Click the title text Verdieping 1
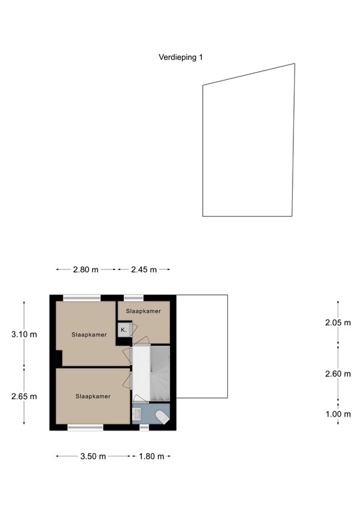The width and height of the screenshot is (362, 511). [x=181, y=58]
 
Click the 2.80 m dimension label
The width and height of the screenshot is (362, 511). [x=86, y=269]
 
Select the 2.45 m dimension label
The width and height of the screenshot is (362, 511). [x=144, y=269]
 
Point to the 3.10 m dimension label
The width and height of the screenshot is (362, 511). [x=24, y=335]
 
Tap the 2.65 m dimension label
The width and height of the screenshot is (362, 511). [x=24, y=397]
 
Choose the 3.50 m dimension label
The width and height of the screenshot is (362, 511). [x=93, y=456]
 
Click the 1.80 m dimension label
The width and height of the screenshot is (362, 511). [x=151, y=456]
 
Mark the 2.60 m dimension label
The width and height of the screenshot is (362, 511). [x=337, y=374]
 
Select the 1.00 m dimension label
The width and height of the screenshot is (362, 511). [x=337, y=414]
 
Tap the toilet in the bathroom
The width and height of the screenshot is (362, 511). [x=161, y=417]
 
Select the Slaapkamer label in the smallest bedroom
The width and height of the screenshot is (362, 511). [x=143, y=311]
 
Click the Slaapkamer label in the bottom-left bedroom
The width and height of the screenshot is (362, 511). [x=93, y=396]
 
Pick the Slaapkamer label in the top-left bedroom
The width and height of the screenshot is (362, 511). [x=89, y=335]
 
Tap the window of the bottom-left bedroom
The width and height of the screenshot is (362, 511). [x=85, y=426]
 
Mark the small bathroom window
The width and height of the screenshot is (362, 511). [x=144, y=426]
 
